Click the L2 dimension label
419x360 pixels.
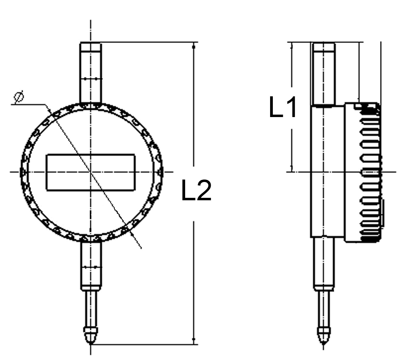tap(196, 191)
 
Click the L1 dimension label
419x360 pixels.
tap(283, 107)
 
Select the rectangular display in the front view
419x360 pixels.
tap(90, 172)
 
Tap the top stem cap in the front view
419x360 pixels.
tap(90, 48)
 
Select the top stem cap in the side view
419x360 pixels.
tap(324, 48)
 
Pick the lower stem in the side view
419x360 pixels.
tap(324, 262)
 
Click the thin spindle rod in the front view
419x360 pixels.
tap(90, 308)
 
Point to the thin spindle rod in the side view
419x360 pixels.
tap(324, 308)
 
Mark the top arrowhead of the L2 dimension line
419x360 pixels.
tap(193, 46)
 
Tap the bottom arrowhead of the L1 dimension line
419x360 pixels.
tap(292, 168)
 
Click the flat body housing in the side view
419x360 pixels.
tap(327, 171)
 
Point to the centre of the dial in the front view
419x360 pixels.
tap(90, 172)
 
